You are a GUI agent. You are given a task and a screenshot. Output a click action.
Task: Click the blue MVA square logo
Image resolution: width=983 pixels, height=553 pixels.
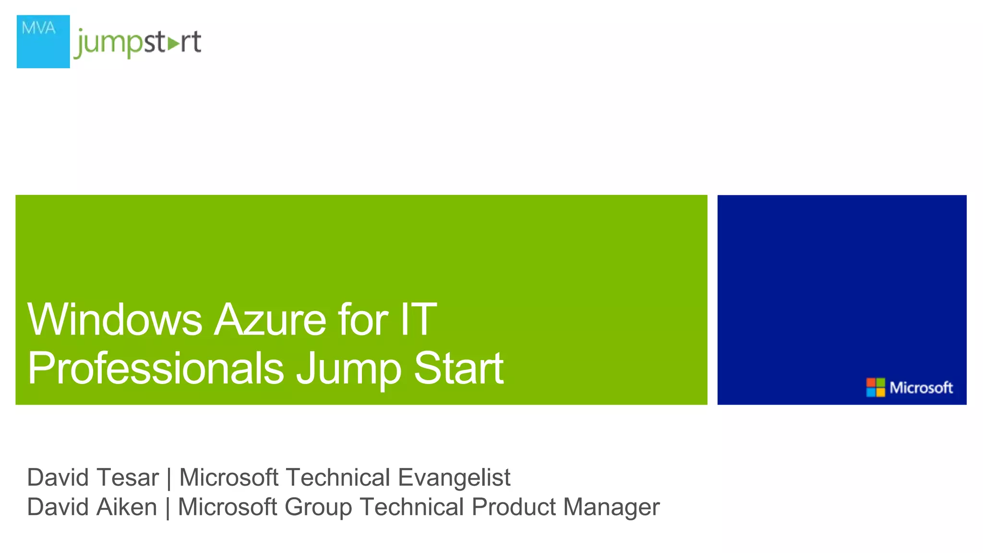[43, 42]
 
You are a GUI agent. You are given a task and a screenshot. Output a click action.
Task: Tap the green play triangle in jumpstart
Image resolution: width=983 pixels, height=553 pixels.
[173, 44]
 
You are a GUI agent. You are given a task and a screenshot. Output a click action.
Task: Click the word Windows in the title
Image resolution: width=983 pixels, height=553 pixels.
[114, 320]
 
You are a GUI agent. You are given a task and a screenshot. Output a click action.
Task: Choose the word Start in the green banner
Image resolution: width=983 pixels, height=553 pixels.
[458, 368]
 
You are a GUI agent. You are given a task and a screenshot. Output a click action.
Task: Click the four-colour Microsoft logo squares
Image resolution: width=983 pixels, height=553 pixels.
[875, 387]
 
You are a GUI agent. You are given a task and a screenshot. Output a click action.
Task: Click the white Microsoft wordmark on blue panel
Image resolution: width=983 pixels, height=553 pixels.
[921, 387]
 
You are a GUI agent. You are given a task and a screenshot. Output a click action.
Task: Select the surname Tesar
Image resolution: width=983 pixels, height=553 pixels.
[127, 478]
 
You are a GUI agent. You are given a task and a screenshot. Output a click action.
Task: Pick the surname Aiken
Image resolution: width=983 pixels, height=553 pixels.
[127, 507]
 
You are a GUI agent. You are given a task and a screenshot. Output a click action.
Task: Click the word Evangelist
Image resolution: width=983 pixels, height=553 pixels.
[454, 478]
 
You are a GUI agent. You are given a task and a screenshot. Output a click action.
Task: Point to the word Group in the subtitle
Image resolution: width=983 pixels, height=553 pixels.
[318, 508]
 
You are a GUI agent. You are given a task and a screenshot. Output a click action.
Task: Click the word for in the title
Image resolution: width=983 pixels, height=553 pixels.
[363, 320]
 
